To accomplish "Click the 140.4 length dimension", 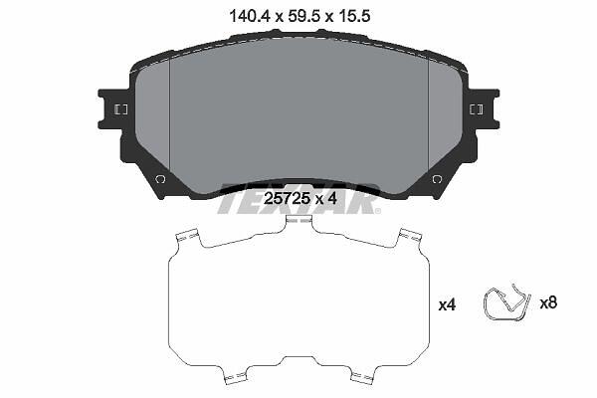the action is [x=250, y=16].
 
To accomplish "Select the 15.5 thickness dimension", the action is [x=353, y=16].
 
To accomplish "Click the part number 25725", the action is [x=287, y=198].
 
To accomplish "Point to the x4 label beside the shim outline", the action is [x=447, y=304].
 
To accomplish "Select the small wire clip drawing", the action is [x=506, y=303].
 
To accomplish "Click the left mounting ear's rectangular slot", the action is [x=121, y=109].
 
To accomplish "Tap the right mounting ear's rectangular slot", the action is [x=477, y=109].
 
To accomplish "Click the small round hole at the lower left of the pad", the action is [x=160, y=179].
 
